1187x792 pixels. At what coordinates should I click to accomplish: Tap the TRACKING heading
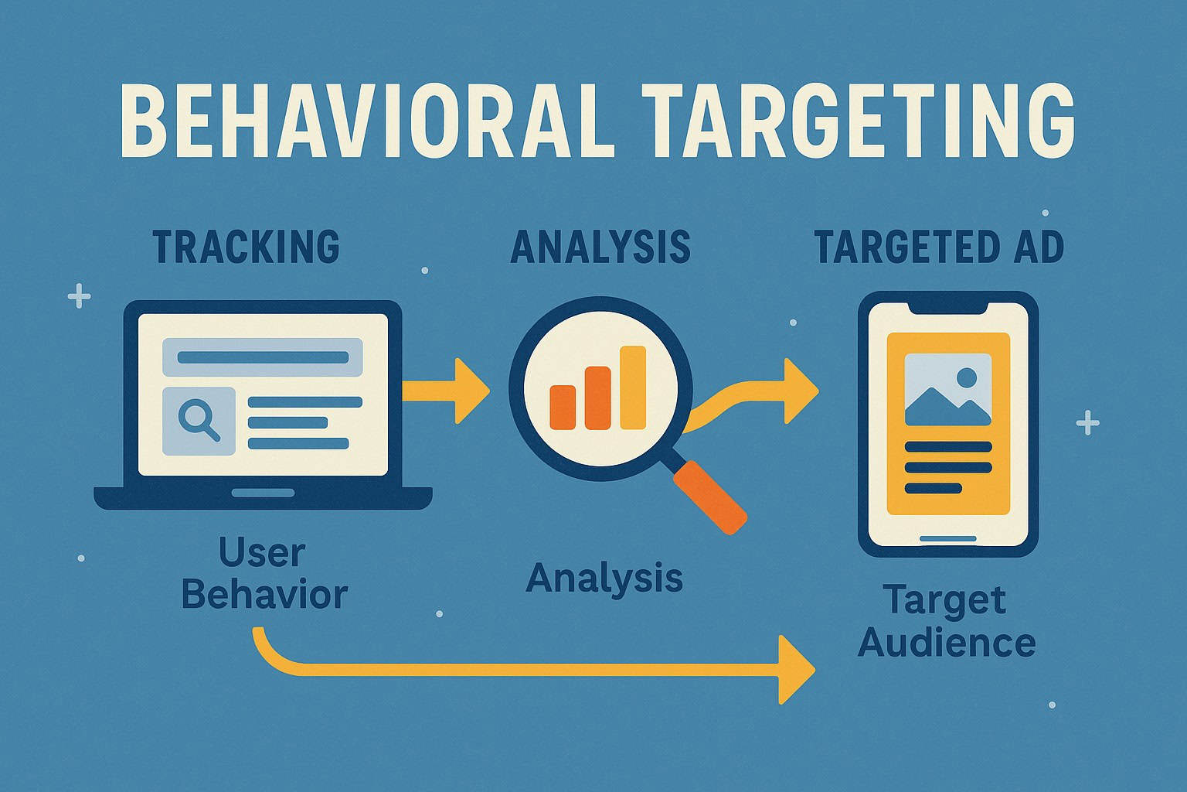[246, 246]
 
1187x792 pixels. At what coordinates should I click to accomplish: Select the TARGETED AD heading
[939, 246]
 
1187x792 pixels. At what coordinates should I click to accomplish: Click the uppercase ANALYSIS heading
[600, 246]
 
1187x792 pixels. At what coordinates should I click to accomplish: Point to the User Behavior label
[263, 574]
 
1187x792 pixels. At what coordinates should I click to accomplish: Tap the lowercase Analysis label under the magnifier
[604, 578]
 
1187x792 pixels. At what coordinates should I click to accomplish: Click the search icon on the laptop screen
[199, 421]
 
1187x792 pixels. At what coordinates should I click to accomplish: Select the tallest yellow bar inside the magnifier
[633, 387]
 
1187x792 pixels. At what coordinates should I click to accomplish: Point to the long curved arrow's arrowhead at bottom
[796, 670]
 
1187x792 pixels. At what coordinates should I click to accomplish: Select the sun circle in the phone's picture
[966, 378]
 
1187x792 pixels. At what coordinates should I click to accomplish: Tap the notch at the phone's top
[948, 307]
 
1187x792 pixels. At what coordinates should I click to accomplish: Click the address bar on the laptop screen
[263, 357]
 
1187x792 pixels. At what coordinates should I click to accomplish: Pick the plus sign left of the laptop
[79, 295]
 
